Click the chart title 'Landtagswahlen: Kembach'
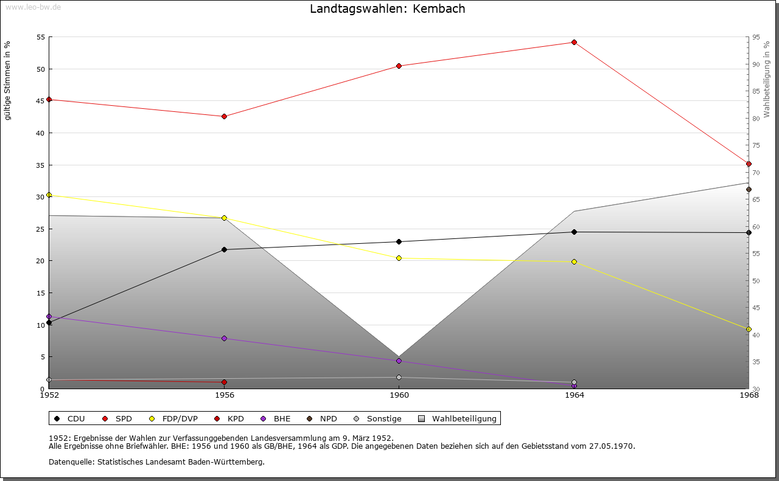pyautogui.click(x=388, y=9)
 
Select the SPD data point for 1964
pyautogui.click(x=574, y=43)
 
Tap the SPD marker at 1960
pyautogui.click(x=399, y=66)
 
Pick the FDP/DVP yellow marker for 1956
pyautogui.click(x=225, y=218)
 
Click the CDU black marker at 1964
pyautogui.click(x=574, y=232)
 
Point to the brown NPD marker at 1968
pyautogui.click(x=749, y=189)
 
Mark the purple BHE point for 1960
pyautogui.click(x=399, y=361)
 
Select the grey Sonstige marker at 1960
pyautogui.click(x=399, y=377)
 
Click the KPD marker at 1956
pyautogui.click(x=225, y=382)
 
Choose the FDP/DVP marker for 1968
pyautogui.click(x=749, y=329)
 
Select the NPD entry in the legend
pyautogui.click(x=322, y=419)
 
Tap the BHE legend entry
pyautogui.click(x=276, y=419)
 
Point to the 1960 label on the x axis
pyautogui.click(x=399, y=395)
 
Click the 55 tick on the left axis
pyautogui.click(x=41, y=37)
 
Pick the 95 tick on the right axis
pyautogui.click(x=756, y=37)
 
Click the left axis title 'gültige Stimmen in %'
pyautogui.click(x=7, y=81)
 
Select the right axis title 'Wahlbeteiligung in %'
pyautogui.click(x=766, y=80)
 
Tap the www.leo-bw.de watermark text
pyautogui.click(x=33, y=7)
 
